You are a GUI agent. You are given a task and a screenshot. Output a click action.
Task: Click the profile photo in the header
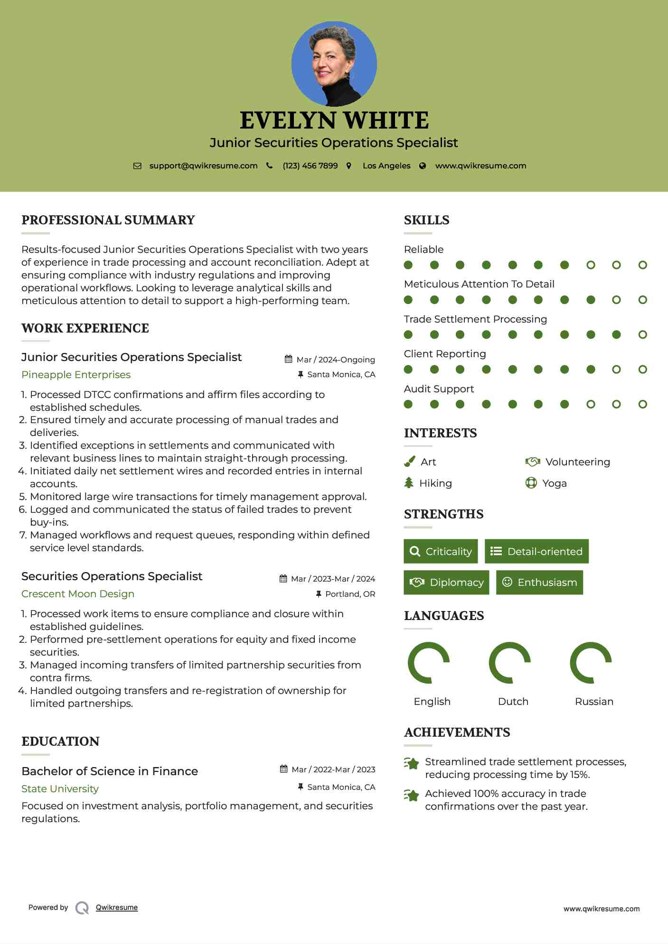point(334,64)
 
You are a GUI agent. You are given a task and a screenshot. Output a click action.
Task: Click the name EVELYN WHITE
point(334,120)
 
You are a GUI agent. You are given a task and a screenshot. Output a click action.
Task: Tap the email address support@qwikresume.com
point(203,166)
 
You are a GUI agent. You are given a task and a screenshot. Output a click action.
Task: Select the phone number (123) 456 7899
point(310,166)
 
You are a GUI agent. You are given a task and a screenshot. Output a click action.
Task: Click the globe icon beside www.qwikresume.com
point(423,166)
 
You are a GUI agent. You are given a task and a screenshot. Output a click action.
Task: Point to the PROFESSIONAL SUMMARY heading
point(108,220)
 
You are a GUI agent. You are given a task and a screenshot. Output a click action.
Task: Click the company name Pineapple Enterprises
point(76,375)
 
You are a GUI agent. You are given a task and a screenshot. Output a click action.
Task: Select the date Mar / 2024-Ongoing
point(335,360)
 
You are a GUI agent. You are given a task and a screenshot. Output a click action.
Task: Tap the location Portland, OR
point(350,594)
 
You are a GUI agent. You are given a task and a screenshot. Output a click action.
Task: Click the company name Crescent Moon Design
point(78,594)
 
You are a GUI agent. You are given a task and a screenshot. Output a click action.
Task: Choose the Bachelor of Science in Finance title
point(110,771)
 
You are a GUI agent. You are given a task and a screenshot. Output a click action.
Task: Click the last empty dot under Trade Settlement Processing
point(642,334)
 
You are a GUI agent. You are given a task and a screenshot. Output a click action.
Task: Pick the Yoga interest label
point(554,483)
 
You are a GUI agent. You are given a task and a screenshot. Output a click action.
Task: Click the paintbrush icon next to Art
point(409,462)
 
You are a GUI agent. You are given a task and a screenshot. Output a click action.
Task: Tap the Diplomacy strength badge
point(446,583)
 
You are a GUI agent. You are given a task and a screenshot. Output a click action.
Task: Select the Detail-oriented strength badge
point(536,551)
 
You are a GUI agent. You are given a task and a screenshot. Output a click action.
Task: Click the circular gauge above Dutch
point(509,663)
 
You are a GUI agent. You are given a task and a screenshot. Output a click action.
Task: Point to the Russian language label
point(594,702)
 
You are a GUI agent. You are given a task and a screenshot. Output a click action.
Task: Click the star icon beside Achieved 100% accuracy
point(411,795)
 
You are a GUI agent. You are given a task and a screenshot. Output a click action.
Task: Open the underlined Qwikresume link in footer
point(117,907)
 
